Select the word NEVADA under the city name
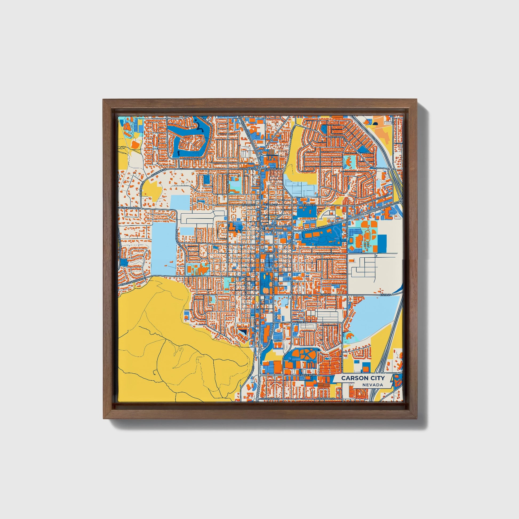[x=373, y=385]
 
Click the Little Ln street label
[x=301, y=322]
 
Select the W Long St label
[x=248, y=205]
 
